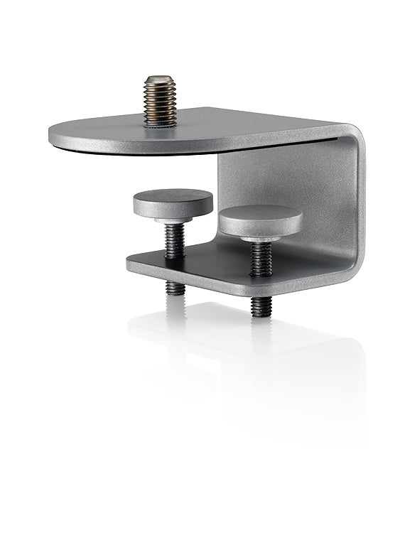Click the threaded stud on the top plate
click(161, 102)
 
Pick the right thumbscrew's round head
click(260, 220)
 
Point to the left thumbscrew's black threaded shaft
click(175, 242)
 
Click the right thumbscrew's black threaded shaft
click(261, 259)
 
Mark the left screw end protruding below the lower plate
click(175, 288)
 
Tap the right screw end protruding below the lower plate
click(261, 306)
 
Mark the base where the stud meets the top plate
click(161, 124)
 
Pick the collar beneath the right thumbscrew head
click(260, 238)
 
